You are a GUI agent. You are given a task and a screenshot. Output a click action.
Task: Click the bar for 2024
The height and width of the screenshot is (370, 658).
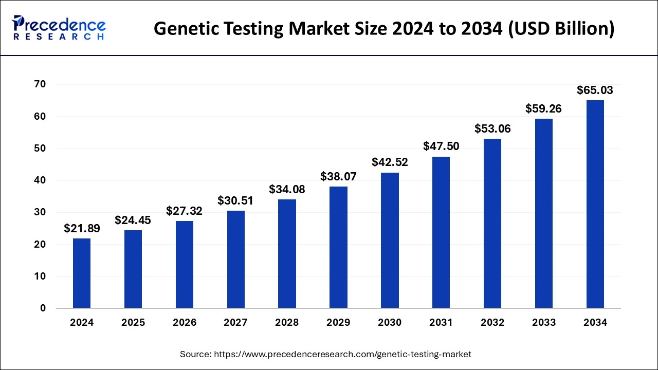[x=82, y=273]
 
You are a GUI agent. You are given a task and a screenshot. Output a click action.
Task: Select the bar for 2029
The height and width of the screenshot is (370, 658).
[x=338, y=247]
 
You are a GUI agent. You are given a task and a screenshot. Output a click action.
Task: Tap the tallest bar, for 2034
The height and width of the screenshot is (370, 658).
[x=595, y=204]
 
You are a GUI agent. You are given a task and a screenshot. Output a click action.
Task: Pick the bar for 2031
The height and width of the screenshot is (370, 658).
[x=441, y=232]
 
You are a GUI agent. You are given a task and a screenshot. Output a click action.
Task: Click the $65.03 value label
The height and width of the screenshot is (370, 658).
[x=595, y=90]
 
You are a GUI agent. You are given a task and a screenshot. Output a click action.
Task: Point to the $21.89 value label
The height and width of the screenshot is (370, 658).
[x=82, y=229]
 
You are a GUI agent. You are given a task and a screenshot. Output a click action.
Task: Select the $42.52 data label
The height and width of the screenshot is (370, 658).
[x=390, y=162]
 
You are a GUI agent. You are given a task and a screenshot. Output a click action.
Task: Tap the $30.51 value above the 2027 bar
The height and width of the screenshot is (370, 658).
[x=235, y=200]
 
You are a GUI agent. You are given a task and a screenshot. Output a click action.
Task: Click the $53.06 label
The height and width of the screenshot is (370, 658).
[x=492, y=128]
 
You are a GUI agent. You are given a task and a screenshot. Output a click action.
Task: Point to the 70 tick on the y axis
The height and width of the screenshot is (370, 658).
[x=40, y=84]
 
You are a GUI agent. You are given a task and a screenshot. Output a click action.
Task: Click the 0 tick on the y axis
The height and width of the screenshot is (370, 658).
[x=43, y=308]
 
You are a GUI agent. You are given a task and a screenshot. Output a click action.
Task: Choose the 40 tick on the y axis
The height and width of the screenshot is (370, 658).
[x=40, y=180]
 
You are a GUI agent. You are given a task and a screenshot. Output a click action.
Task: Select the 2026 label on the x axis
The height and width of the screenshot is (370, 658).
[x=184, y=323]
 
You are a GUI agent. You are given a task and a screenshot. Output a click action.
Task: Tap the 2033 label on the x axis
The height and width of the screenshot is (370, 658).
[x=544, y=323]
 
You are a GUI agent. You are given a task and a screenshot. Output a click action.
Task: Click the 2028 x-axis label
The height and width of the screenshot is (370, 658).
[x=287, y=323]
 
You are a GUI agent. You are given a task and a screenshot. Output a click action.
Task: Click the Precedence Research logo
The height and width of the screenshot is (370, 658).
[x=59, y=28]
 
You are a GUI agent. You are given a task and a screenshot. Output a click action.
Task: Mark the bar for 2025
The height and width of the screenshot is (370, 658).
[x=133, y=269]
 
